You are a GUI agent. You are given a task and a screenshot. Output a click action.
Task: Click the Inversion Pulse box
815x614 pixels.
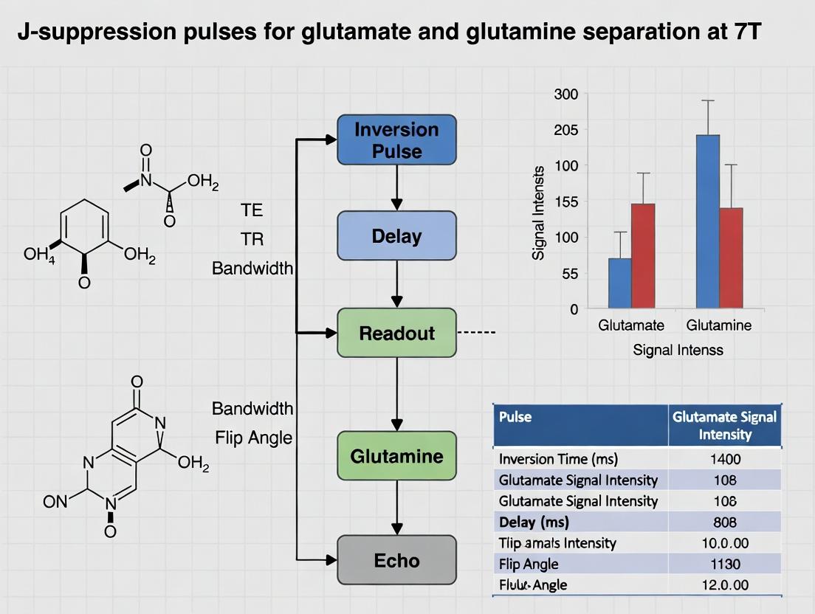(396, 139)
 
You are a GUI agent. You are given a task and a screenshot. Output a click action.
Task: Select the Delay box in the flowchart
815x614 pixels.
(396, 236)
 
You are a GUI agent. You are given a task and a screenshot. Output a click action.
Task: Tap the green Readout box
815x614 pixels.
(396, 333)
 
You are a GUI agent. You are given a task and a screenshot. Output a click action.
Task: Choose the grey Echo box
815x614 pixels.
(396, 560)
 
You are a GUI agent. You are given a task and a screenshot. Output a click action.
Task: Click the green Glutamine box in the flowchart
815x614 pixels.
(396, 456)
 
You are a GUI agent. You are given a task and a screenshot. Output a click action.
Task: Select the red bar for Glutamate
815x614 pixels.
(642, 255)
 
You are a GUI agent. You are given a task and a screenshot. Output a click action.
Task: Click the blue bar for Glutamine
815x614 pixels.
(708, 221)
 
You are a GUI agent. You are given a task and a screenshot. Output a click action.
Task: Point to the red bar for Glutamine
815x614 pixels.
(731, 258)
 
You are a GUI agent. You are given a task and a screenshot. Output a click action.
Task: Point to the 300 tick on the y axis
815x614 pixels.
(566, 94)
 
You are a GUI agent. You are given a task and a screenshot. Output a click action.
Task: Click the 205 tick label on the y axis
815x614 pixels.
(566, 130)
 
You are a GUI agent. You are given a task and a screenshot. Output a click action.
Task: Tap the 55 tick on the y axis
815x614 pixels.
(569, 273)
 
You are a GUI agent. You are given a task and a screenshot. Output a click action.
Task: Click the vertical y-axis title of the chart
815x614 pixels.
(538, 213)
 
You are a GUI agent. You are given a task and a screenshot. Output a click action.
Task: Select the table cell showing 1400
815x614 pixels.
(724, 459)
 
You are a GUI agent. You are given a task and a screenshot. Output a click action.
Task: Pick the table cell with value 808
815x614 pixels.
(724, 522)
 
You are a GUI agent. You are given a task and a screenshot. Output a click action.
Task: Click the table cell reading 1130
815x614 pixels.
(724, 564)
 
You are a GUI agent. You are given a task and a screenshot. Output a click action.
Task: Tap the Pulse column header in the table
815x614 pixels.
(515, 417)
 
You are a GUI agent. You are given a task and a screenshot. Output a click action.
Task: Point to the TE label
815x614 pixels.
(252, 210)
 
